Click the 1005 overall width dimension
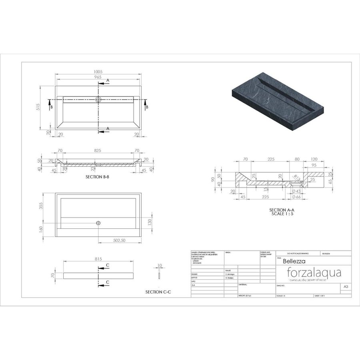point(98,72)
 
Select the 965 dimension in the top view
point(98,77)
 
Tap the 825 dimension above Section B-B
point(97,150)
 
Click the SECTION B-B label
point(98,176)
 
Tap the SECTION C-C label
point(158,292)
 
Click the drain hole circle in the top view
point(98,99)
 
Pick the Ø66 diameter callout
point(296,197)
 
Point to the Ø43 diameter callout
point(296,191)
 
